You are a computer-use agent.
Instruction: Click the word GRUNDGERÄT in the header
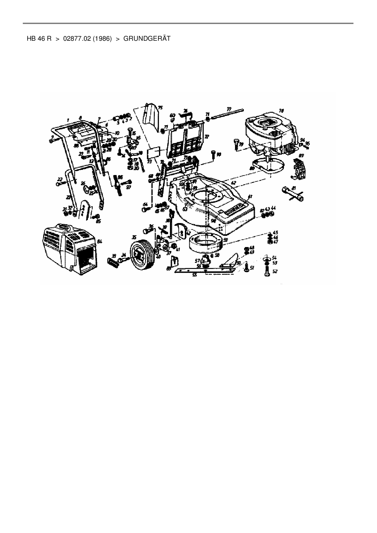[147, 39]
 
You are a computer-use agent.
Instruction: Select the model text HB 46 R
[39, 39]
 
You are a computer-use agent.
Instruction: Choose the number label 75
[160, 107]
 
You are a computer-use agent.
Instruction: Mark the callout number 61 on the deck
[250, 197]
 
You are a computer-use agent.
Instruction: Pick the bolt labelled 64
[145, 209]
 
